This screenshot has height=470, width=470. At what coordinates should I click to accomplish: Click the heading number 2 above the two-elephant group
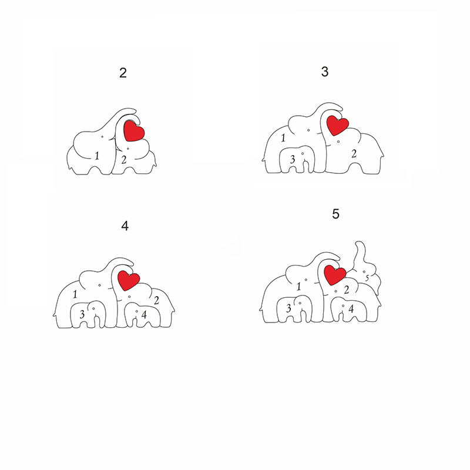(123, 73)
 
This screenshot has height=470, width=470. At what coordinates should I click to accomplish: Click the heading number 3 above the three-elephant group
(325, 72)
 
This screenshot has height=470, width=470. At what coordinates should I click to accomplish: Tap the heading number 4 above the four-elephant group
(125, 226)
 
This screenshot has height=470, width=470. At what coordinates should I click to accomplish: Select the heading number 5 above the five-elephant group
(335, 214)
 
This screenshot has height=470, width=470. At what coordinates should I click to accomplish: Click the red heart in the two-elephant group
(134, 130)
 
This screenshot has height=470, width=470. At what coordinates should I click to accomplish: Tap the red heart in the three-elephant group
(337, 125)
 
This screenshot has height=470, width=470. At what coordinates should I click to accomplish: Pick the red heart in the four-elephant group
(129, 280)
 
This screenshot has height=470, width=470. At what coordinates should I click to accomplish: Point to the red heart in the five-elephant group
(335, 275)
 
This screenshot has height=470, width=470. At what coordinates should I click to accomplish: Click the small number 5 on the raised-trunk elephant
(367, 278)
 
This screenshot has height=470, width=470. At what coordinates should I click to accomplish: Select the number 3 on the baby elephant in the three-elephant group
(293, 159)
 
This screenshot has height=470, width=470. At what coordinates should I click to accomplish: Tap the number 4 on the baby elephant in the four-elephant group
(144, 314)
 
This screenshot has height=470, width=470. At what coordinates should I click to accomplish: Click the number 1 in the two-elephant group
(97, 156)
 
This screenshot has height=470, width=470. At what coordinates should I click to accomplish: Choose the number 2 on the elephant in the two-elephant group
(124, 160)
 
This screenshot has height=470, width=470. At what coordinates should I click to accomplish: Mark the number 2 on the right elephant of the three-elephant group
(354, 154)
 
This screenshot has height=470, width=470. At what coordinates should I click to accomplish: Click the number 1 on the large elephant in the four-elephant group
(75, 294)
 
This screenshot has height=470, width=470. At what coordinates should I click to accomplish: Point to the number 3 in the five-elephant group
(288, 308)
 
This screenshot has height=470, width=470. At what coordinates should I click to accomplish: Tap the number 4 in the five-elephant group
(351, 308)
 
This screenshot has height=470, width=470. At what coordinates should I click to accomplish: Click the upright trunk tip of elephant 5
(360, 242)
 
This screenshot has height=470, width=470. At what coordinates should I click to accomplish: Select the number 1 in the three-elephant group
(283, 138)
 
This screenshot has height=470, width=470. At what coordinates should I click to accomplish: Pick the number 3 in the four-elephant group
(82, 314)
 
